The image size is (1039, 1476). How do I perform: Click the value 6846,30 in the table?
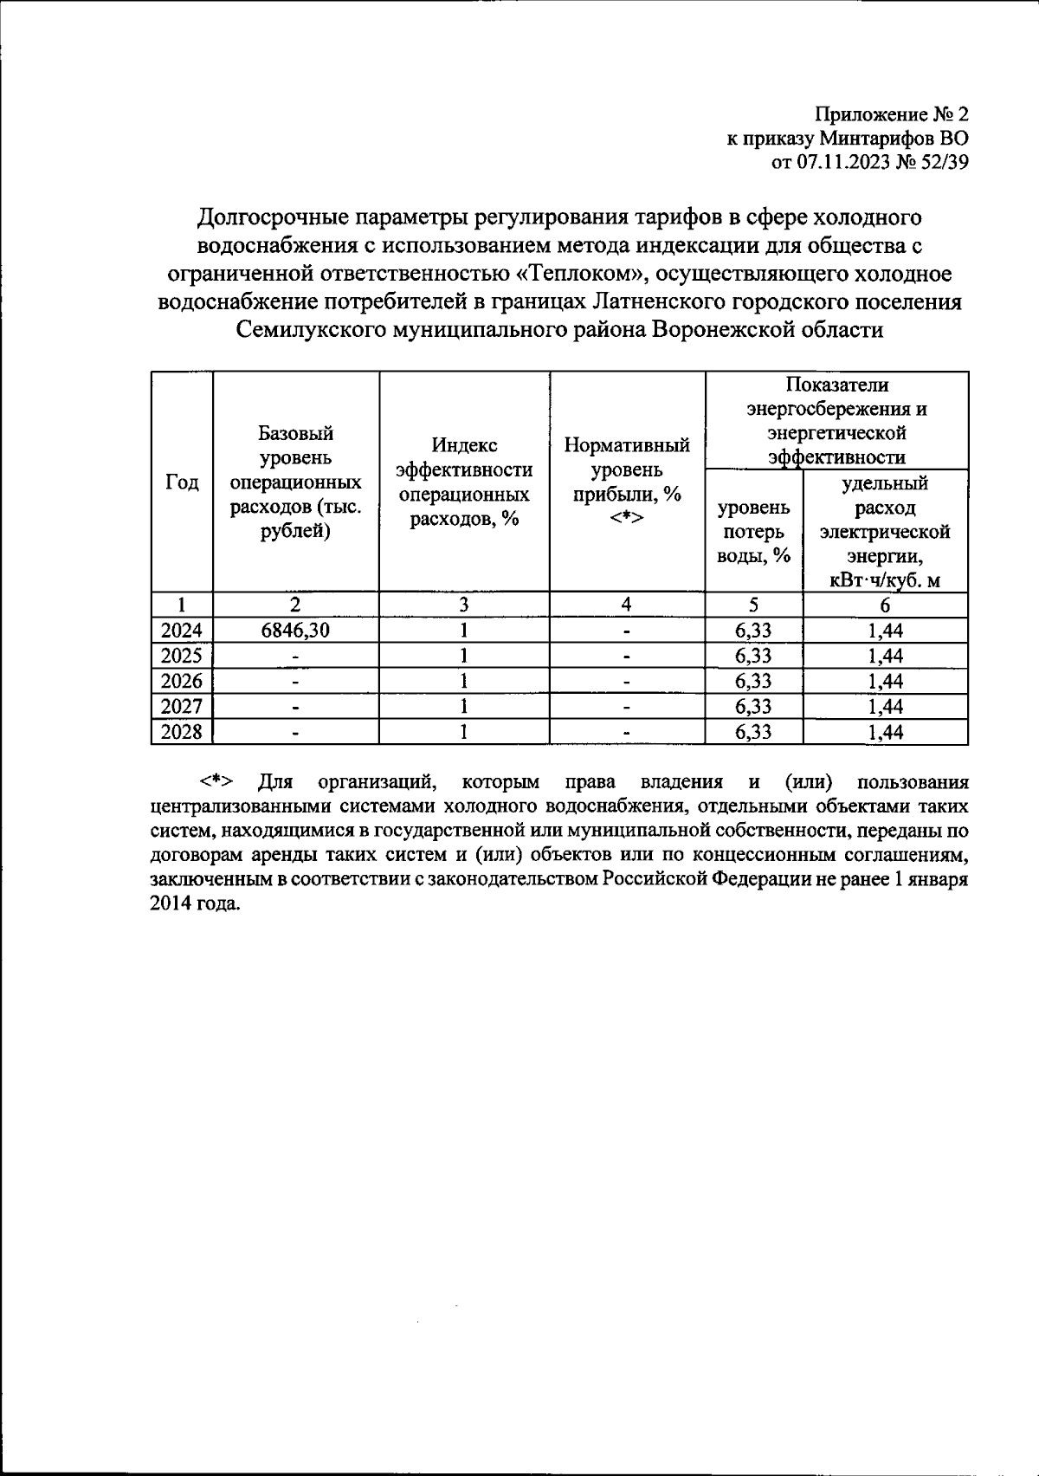point(295,631)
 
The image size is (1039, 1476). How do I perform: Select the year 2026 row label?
point(182,682)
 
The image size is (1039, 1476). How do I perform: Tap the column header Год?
point(182,483)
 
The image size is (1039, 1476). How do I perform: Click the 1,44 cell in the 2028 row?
point(885,733)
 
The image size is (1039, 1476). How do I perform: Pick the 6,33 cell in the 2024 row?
point(753,631)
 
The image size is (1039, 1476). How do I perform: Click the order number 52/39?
point(940,164)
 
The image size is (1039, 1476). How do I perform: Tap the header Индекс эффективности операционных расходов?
point(463,482)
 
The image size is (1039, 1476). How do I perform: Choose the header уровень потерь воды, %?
point(753,531)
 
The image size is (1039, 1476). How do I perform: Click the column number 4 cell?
point(627,605)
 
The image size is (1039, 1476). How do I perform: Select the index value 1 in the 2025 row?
point(464,656)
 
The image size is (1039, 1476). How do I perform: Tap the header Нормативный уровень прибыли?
point(627,482)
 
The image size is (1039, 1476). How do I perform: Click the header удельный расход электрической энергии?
point(885,531)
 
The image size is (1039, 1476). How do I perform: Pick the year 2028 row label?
point(182,733)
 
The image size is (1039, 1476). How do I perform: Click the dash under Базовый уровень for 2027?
point(296,708)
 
